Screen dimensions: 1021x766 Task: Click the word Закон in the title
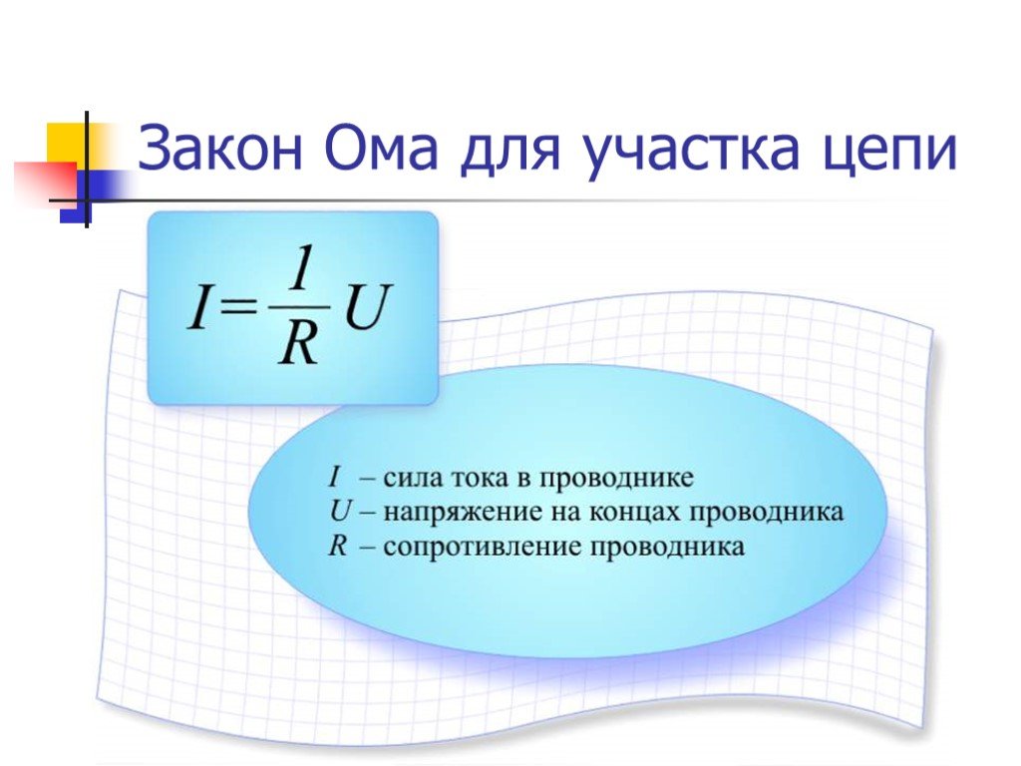(x=220, y=149)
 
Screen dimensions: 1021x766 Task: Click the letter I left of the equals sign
(x=198, y=306)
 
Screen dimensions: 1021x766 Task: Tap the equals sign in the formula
(x=238, y=307)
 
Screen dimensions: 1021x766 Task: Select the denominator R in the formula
(x=298, y=342)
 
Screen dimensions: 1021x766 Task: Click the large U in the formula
(x=368, y=307)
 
